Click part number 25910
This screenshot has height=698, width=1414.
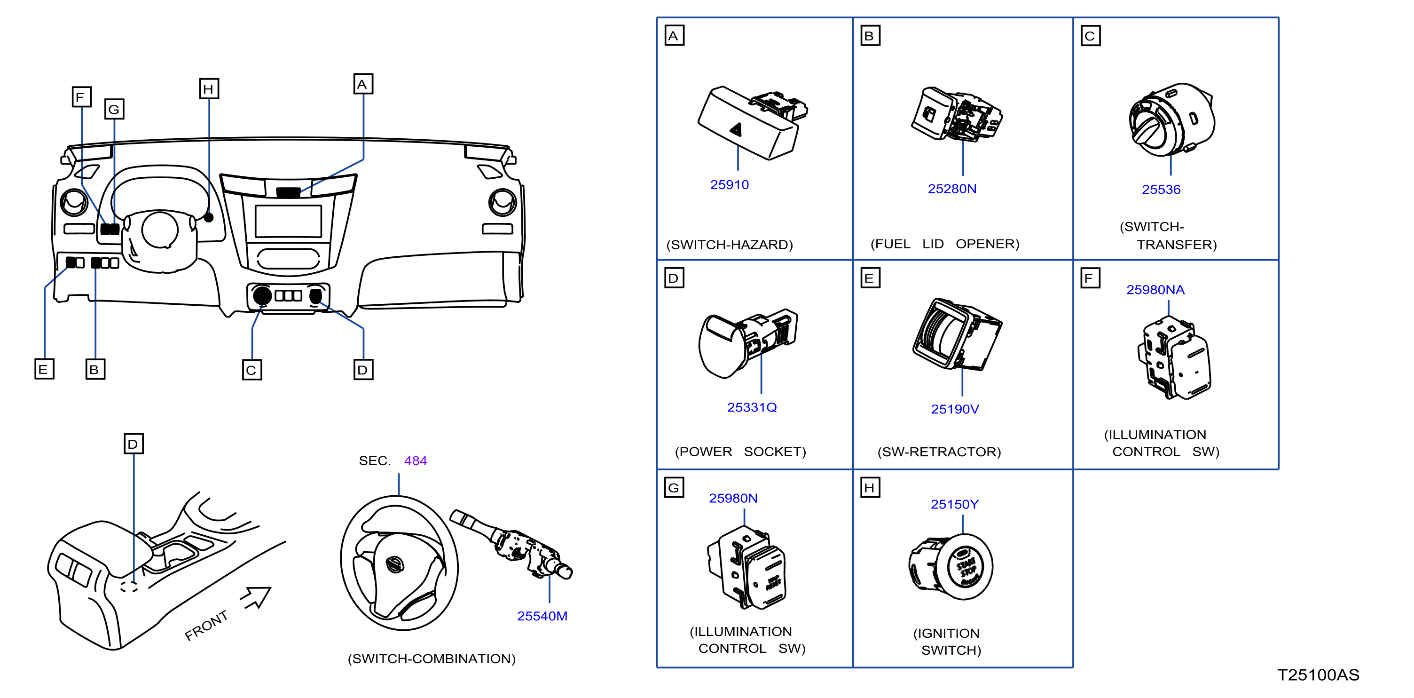pos(729,184)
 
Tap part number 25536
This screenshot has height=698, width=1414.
pos(1161,190)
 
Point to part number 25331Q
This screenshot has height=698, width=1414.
pos(752,407)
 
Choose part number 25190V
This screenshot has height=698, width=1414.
pos(955,409)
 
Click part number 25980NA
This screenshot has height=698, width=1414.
pos(1155,289)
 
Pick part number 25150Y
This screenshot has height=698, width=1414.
pos(955,504)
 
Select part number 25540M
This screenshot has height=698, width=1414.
pos(542,616)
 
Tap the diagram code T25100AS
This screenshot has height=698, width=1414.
pos(1319,675)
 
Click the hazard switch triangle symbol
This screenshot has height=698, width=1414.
pos(736,130)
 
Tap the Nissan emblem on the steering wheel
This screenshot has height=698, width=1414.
pos(395,564)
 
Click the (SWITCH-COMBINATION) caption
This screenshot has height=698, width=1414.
pos(432,658)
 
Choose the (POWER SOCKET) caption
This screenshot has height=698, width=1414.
pos(740,452)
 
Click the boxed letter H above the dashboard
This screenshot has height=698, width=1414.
pos(209,89)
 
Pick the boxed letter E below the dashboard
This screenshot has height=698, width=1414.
pos(44,369)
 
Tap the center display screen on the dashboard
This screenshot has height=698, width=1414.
pos(288,221)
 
